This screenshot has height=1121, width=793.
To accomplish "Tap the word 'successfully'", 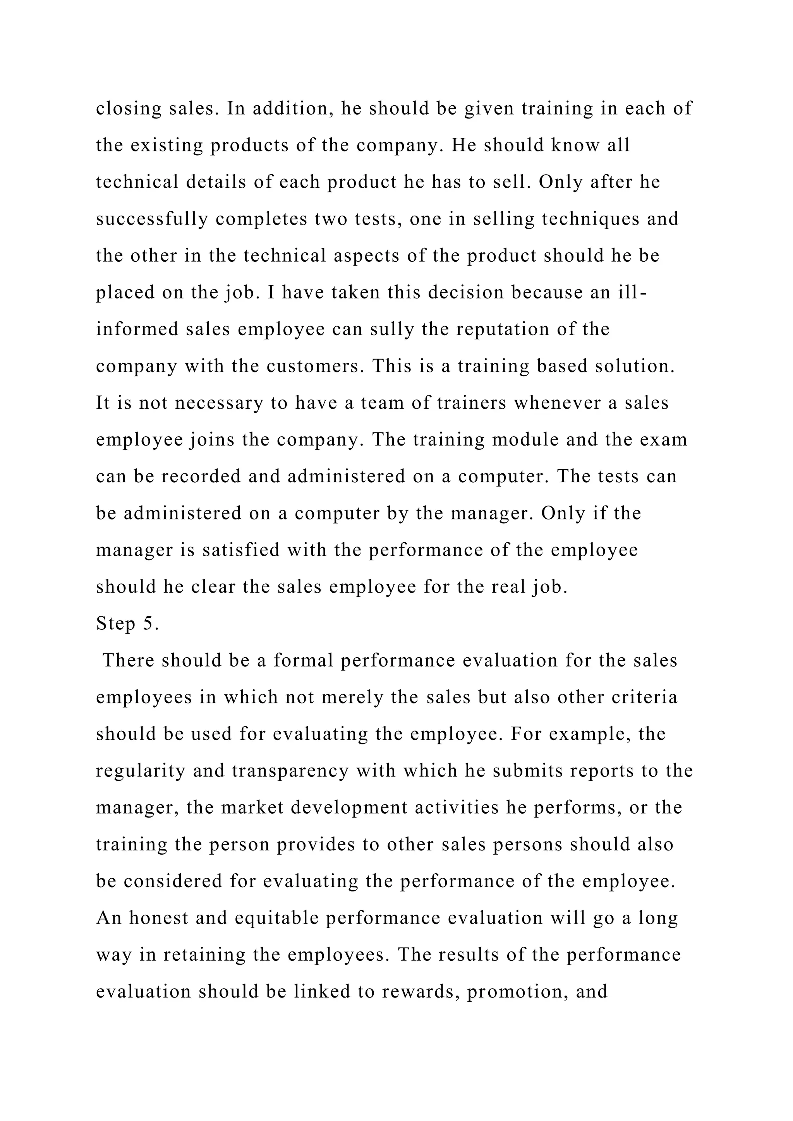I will point(152,219).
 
